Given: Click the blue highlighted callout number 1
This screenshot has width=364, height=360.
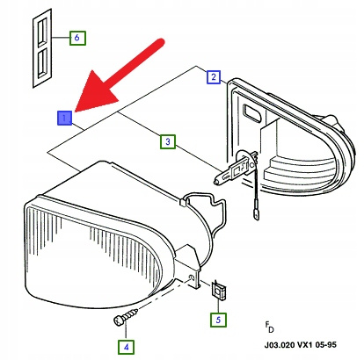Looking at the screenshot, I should pos(64,117).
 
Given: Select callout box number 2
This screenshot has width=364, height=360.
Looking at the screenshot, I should pos(213,76).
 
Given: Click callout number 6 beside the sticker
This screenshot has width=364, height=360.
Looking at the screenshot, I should pos(76,38).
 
